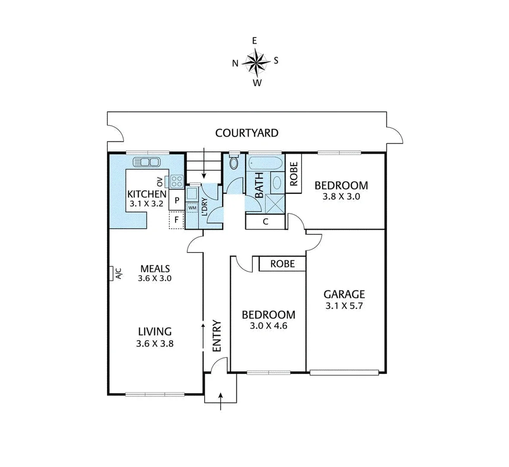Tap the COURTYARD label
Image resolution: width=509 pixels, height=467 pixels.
click(247, 133)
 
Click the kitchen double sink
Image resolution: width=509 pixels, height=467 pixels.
click(146, 162)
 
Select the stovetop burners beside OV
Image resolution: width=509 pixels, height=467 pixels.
click(177, 180)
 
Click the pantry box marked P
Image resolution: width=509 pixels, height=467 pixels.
click(177, 200)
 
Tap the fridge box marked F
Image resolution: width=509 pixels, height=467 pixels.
click(176, 220)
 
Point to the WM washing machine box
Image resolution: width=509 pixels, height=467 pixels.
click(191, 208)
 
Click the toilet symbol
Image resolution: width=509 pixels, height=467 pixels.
click(234, 163)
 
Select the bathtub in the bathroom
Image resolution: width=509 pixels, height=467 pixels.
click(265, 163)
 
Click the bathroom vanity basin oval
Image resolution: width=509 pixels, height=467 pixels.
click(277, 182)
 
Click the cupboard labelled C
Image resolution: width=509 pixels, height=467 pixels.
click(266, 222)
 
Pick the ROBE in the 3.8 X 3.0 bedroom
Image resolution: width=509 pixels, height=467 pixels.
click(294, 174)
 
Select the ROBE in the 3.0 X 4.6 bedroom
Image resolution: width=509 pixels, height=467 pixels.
click(282, 263)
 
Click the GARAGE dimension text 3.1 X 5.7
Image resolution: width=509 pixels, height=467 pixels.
click(344, 307)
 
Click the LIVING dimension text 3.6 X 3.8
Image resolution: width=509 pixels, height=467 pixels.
click(155, 344)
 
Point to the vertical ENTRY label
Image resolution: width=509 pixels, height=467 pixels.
click(217, 336)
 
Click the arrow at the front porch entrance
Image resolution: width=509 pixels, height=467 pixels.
click(221, 400)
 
